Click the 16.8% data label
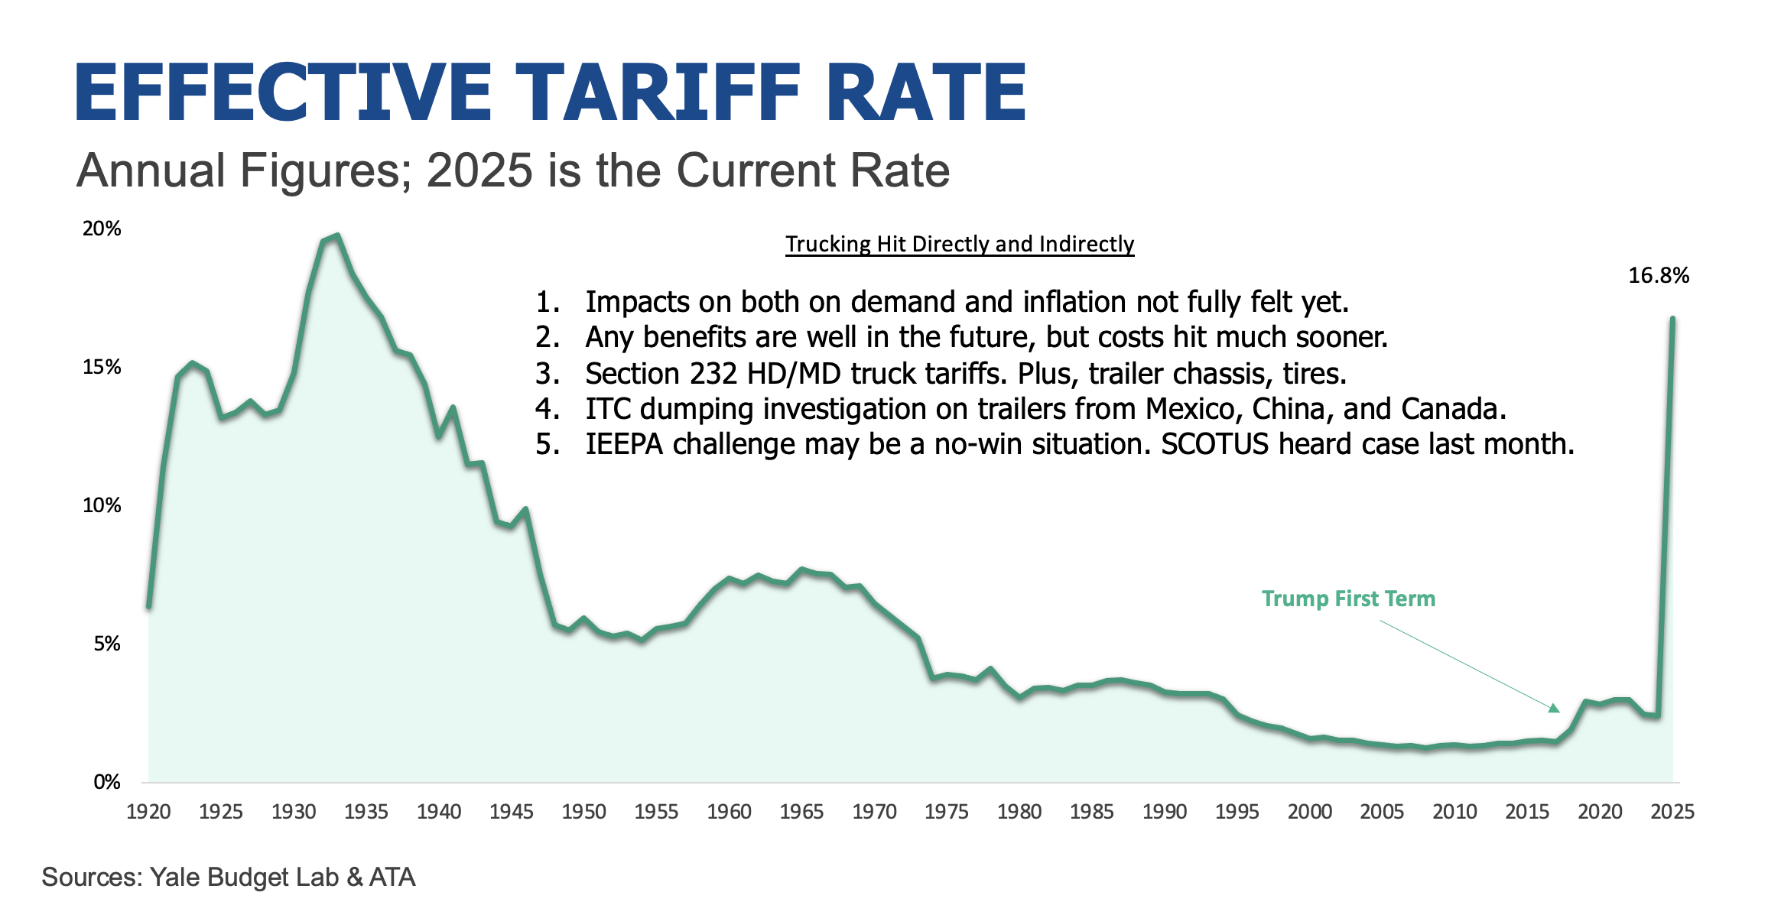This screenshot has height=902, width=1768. [1658, 276]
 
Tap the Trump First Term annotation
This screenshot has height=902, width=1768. [1348, 599]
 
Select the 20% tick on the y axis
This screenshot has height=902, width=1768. [102, 229]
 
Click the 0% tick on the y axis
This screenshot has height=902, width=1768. [107, 782]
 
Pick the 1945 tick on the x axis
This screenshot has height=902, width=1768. [511, 812]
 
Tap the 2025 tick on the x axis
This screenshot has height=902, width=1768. [1672, 812]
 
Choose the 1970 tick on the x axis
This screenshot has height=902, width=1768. [874, 812]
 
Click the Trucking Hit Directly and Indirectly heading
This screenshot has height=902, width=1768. [960, 244]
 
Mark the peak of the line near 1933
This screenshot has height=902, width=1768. [337, 236]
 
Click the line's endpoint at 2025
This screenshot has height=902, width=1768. [1672, 319]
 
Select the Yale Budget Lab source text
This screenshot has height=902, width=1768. [244, 877]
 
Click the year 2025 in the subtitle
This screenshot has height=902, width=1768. [479, 170]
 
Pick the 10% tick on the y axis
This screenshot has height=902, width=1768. [102, 505]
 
